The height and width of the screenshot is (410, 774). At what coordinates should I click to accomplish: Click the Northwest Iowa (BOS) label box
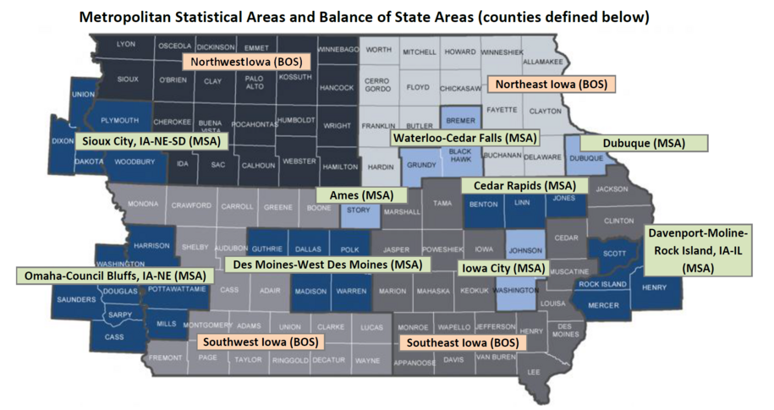point(247,63)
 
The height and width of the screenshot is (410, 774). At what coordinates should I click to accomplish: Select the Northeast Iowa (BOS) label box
point(551,85)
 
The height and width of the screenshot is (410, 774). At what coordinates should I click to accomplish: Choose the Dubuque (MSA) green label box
point(644,143)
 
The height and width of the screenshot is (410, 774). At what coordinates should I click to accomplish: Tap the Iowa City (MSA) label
point(500,268)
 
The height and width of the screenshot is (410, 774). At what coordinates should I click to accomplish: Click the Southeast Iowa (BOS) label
point(462,343)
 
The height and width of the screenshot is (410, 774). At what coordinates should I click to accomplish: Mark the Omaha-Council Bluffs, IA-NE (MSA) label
point(115,276)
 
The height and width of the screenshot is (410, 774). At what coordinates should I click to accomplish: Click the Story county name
point(358,210)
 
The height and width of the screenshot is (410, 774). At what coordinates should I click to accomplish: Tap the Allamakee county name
point(541,62)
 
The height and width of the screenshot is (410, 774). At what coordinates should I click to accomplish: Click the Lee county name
point(533,371)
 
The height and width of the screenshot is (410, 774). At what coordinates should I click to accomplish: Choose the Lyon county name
point(126,44)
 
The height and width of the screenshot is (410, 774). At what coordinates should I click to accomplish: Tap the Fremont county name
point(166,358)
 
